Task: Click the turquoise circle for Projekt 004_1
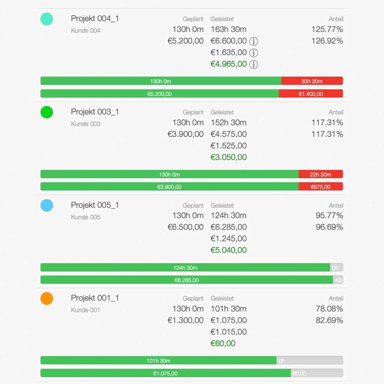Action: [47, 19]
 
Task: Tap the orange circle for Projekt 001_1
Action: [47, 298]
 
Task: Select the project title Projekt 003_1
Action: [95, 112]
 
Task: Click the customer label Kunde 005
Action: [85, 217]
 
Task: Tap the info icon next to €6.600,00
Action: [254, 41]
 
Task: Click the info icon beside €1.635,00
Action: [254, 53]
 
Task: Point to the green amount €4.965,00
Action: [229, 64]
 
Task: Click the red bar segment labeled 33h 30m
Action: [312, 81]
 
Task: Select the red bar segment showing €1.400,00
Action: [310, 94]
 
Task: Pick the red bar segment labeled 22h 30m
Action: [320, 174]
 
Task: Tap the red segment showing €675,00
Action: [320, 187]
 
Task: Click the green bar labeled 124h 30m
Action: [185, 268]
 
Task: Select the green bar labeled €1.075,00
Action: [165, 373]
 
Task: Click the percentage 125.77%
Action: [327, 29]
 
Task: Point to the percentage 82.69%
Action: [329, 321]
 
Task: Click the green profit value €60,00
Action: [223, 343]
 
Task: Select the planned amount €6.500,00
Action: [186, 227]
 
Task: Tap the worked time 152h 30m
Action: [228, 123]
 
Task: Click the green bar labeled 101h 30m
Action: [158, 361]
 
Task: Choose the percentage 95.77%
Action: [329, 216]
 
